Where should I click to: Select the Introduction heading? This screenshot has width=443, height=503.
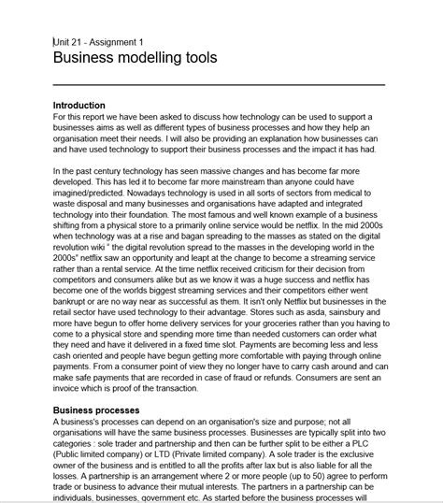coord(79,105)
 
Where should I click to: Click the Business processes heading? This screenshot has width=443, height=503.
coord(96,410)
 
